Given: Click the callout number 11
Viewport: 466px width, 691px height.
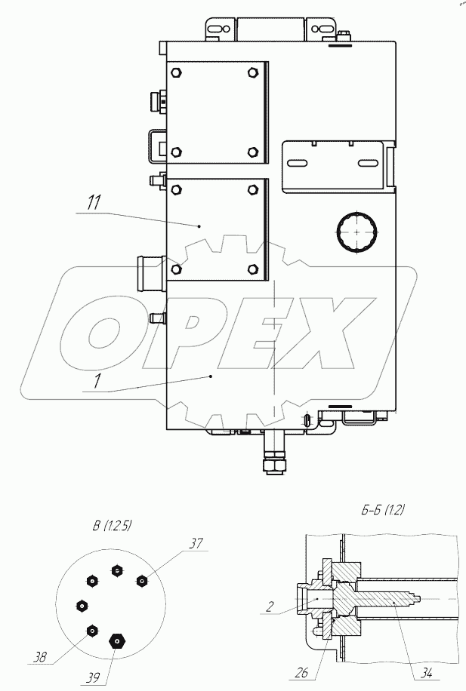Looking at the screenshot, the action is [94, 203].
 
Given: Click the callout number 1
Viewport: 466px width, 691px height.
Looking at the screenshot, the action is [98, 381].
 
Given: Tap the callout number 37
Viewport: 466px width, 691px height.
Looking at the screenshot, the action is [196, 543].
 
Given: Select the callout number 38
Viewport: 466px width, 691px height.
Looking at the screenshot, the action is [40, 657].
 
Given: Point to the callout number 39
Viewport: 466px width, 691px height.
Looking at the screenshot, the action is [93, 677].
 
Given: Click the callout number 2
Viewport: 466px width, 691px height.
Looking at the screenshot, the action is [270, 607].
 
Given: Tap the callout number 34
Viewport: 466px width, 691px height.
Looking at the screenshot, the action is [426, 673].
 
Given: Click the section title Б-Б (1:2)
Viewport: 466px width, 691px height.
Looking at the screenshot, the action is [383, 510].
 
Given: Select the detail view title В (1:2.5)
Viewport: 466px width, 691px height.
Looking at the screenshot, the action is [112, 526].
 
